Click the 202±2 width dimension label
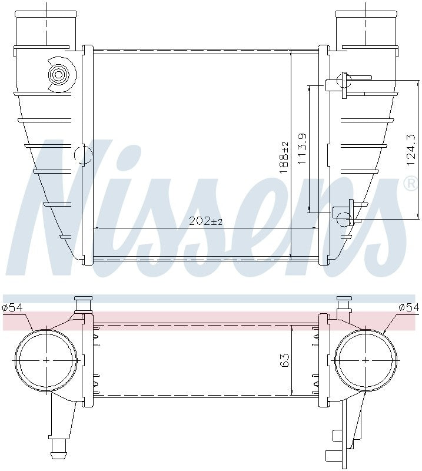tap(205, 221)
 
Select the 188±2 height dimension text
tap(284, 157)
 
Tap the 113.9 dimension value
tap(303, 148)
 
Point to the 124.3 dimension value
tap(411, 151)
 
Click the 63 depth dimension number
tap(285, 361)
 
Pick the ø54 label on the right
tap(408, 307)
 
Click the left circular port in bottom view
tap(46, 360)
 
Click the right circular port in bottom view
tap(365, 360)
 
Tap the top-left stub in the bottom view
tap(83, 304)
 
